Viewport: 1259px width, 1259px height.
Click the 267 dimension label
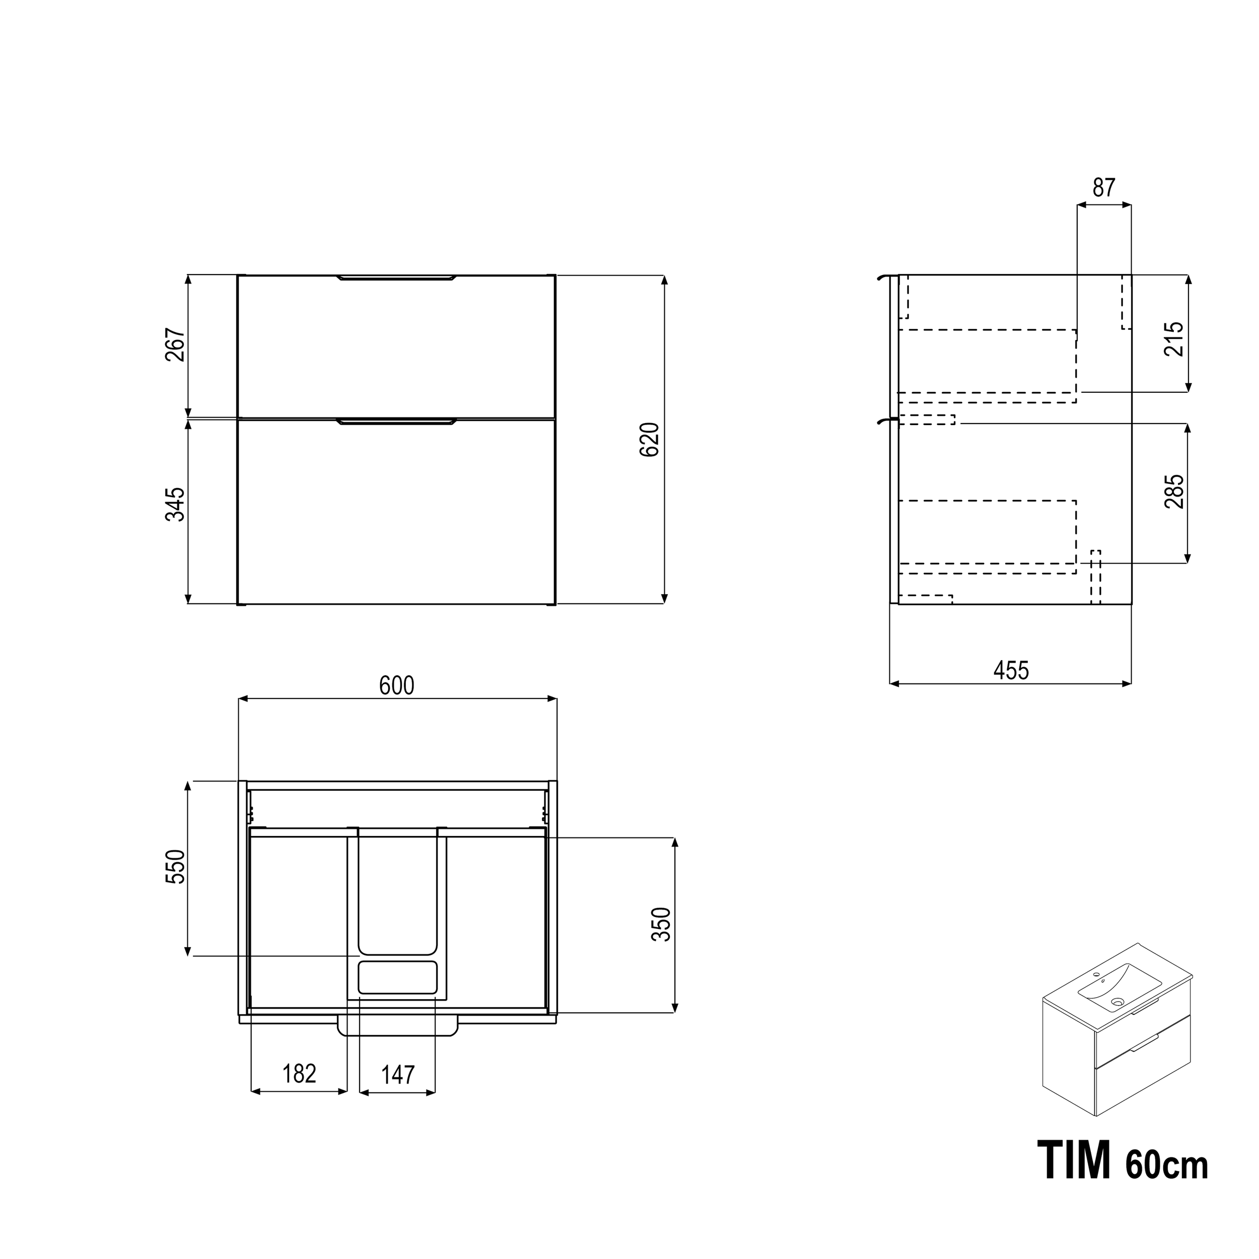click(175, 345)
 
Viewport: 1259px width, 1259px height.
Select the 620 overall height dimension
click(650, 439)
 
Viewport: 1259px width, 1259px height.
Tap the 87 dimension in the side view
click(1104, 188)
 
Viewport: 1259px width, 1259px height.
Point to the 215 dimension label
click(1173, 338)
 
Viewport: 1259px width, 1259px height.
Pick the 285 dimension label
click(1173, 492)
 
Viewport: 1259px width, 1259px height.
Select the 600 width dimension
click(397, 685)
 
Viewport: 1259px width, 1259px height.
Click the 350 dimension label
click(661, 924)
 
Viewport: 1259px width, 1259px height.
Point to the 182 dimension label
click(299, 1073)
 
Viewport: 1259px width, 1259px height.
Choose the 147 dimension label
click(397, 1075)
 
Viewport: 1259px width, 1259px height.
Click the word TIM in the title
click(1073, 1161)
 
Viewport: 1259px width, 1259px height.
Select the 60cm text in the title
click(1166, 1165)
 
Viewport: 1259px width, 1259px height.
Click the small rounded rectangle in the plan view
click(397, 977)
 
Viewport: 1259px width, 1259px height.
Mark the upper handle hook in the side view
click(884, 277)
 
